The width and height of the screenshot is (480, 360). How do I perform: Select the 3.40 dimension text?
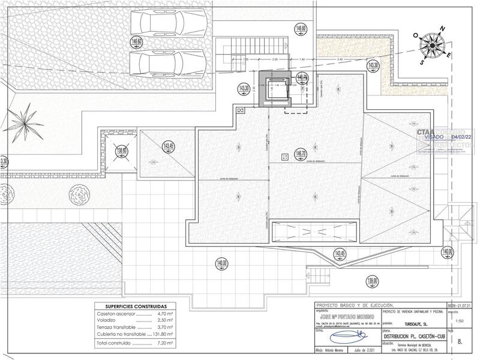pos(340,59)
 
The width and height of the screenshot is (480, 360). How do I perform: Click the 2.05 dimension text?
pos(274,59)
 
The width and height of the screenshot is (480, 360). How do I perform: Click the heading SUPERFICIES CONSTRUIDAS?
pos(133,305)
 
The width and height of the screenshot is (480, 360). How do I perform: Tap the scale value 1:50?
pos(460,322)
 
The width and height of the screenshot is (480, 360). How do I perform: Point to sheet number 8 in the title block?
pos(460,341)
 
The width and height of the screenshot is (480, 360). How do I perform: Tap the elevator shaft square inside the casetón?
pos(277,92)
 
